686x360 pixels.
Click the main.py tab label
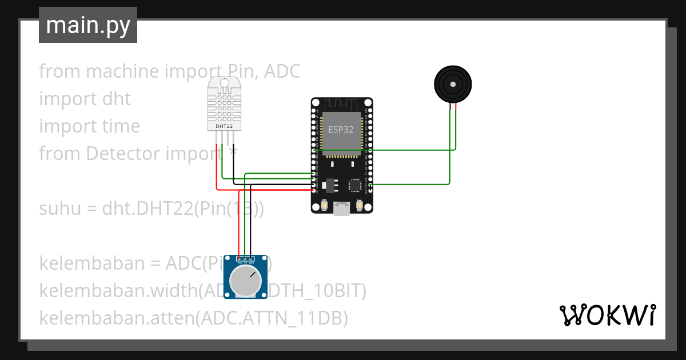tap(87, 25)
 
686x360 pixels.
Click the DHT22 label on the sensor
tap(224, 126)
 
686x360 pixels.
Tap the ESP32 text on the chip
tap(340, 129)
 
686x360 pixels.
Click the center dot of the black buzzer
tap(453, 85)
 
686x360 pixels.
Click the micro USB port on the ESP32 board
tap(342, 210)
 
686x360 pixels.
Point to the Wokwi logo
tap(607, 315)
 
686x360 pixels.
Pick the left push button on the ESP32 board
tap(324, 205)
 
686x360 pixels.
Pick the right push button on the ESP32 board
tap(360, 205)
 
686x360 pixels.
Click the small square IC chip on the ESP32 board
tap(355, 185)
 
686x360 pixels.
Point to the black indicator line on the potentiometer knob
tap(253, 274)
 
